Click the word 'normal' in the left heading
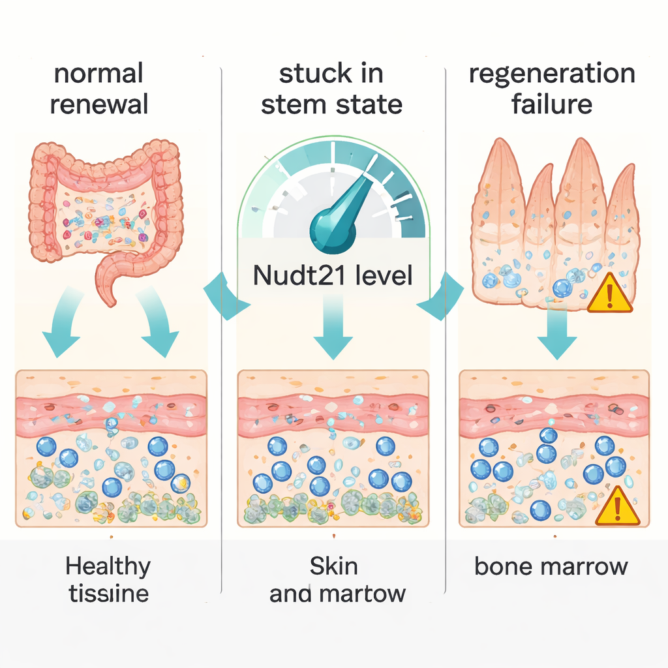click(x=98, y=73)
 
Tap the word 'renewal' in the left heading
click(x=99, y=104)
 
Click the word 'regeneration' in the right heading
click(x=552, y=73)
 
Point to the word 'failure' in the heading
click(x=552, y=104)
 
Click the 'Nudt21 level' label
click(x=333, y=276)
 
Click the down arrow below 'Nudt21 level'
click(x=333, y=333)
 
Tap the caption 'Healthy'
click(x=108, y=566)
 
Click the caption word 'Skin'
click(x=333, y=566)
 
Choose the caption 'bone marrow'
click(x=551, y=566)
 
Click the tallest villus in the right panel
click(x=576, y=196)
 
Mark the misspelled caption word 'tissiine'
click(x=108, y=594)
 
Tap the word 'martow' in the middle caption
click(x=368, y=594)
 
